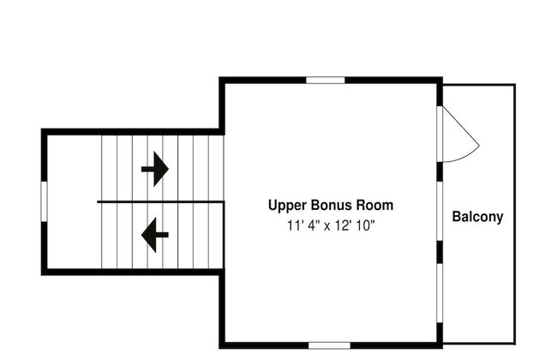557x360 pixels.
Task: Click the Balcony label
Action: (x=477, y=217)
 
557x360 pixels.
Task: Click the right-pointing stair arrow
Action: (x=155, y=169)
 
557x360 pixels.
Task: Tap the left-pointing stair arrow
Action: (x=155, y=235)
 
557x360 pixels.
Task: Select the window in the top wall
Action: (x=326, y=80)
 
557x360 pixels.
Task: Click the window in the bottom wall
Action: (x=329, y=345)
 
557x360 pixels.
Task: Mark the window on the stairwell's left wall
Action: (x=45, y=201)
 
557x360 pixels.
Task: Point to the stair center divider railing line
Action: (x=160, y=201)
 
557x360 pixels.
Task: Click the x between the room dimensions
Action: (x=326, y=226)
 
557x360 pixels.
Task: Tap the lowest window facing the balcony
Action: (x=440, y=293)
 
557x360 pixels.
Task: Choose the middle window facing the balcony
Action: (x=440, y=211)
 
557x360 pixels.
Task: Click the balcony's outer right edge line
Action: (x=515, y=214)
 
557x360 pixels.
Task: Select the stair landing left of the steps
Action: (x=75, y=201)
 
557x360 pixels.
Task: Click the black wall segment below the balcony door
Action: (x=440, y=172)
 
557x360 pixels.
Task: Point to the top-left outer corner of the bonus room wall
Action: (x=219, y=77)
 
